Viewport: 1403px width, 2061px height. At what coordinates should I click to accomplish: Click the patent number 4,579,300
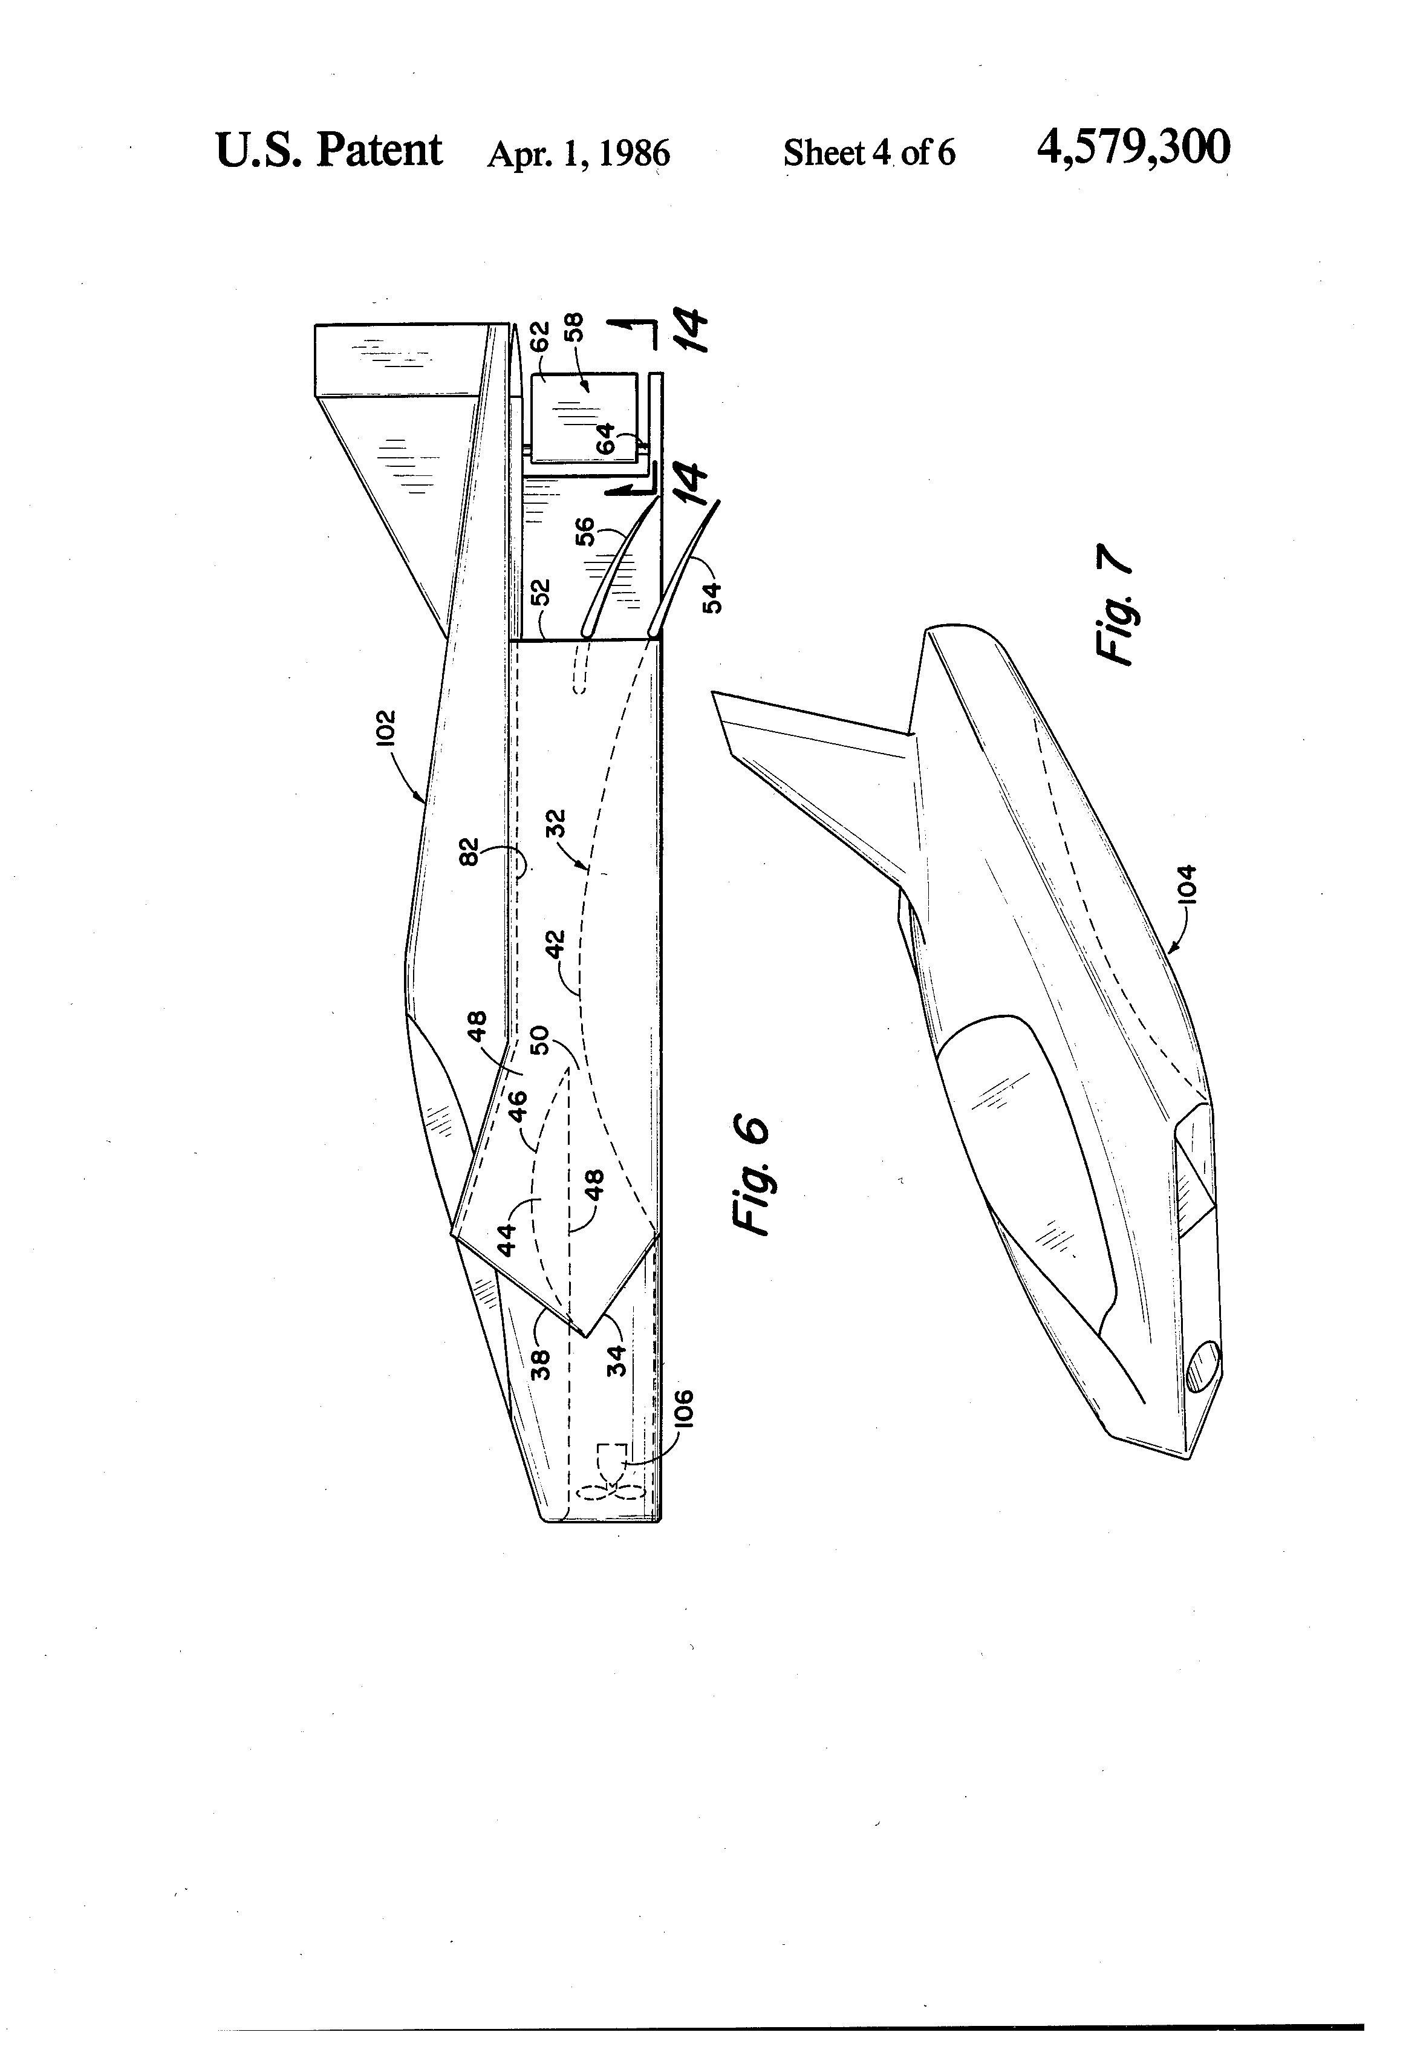[x=1133, y=148]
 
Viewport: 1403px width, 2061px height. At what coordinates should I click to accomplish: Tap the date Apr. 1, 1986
[x=578, y=154]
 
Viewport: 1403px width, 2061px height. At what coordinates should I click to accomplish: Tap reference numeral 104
[x=1187, y=884]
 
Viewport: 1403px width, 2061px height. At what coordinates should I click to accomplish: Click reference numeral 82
[x=469, y=851]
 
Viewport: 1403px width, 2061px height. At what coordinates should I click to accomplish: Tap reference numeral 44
[x=506, y=1239]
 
